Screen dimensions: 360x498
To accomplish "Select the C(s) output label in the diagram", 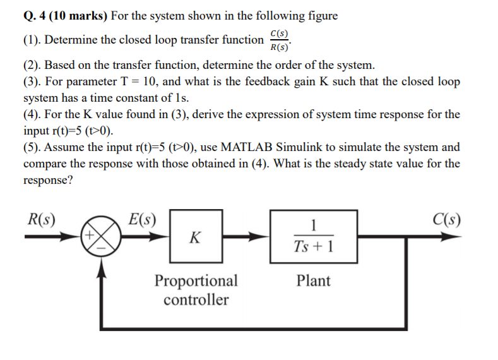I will tap(446, 220).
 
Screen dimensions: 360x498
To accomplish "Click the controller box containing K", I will tap(195, 237).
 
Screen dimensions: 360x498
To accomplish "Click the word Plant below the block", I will tap(313, 280).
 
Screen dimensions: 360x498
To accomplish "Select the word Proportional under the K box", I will tap(196, 280).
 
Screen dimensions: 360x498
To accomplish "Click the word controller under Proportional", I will tap(196, 299).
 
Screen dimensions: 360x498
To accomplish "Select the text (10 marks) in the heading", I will tap(68, 16).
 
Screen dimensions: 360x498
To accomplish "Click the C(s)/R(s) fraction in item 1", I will tap(279, 40).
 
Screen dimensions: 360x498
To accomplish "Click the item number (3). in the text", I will tap(33, 82).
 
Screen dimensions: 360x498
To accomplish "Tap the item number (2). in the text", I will tap(33, 65).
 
